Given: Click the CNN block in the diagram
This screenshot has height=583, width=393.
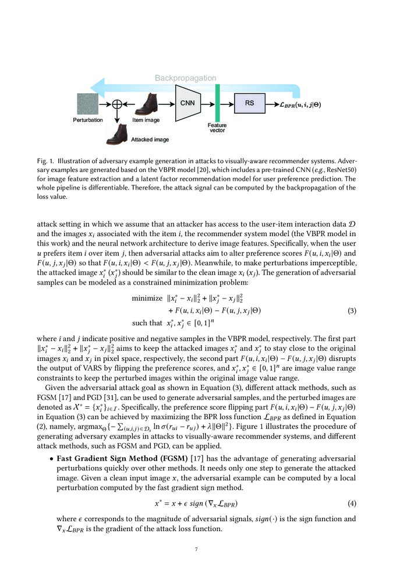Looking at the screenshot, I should click(x=187, y=103).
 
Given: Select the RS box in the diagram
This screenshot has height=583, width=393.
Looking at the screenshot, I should click(x=249, y=104).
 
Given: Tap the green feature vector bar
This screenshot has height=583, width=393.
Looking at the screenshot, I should click(x=217, y=103).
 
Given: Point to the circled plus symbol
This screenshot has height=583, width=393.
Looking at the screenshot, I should click(x=118, y=104).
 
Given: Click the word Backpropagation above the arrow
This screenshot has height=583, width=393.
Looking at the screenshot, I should click(x=185, y=78).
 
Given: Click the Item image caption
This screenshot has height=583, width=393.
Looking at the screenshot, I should click(x=146, y=120).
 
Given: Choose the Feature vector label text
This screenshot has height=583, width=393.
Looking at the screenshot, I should click(x=217, y=128).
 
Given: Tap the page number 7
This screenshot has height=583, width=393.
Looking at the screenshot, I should click(x=196, y=549).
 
